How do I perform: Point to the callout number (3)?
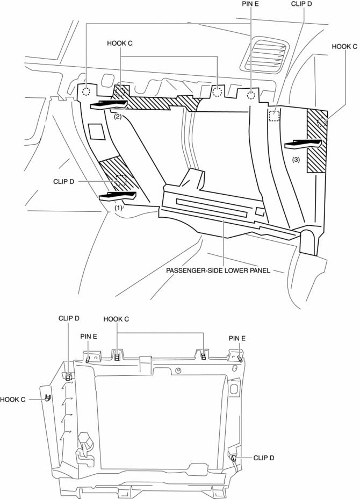point(296,160)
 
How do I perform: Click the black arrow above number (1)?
point(118,195)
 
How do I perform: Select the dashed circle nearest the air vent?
point(251,96)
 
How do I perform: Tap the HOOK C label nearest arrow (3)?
point(344,47)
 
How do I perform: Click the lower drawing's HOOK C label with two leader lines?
point(116,319)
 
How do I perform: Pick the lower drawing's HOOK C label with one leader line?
point(14,399)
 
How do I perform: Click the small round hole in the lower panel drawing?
point(178,370)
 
